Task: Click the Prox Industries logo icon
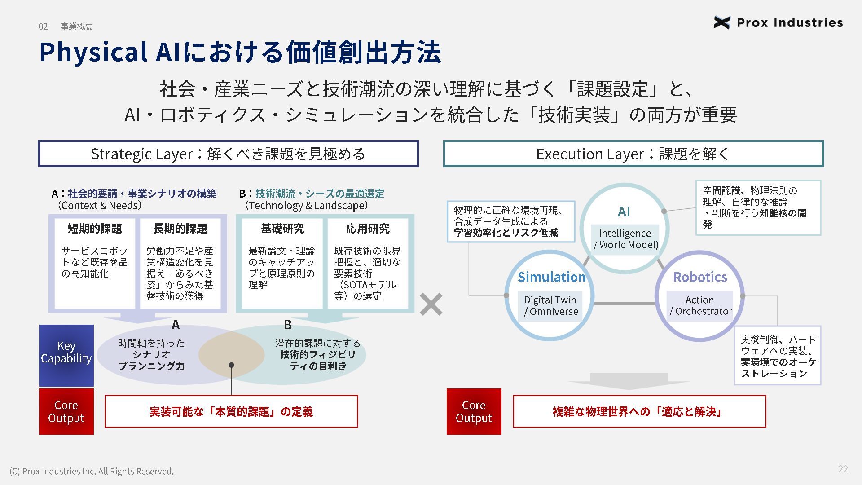click(721, 22)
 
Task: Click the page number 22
click(843, 469)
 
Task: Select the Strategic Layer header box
click(228, 154)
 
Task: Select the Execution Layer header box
click(633, 154)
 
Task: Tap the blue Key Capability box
click(66, 355)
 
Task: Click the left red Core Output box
click(66, 411)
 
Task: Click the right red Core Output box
click(474, 411)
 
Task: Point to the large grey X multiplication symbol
click(431, 304)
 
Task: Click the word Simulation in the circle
click(552, 277)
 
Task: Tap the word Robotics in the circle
click(700, 277)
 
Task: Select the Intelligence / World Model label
click(625, 239)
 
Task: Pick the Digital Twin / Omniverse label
click(551, 306)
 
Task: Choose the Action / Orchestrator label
click(700, 306)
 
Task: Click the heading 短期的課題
click(95, 229)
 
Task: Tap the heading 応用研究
click(368, 229)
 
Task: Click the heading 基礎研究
click(282, 229)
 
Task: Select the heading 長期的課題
click(180, 229)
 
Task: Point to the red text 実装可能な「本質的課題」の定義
click(231, 412)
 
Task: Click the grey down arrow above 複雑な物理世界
click(629, 382)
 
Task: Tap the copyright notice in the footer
click(92, 471)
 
